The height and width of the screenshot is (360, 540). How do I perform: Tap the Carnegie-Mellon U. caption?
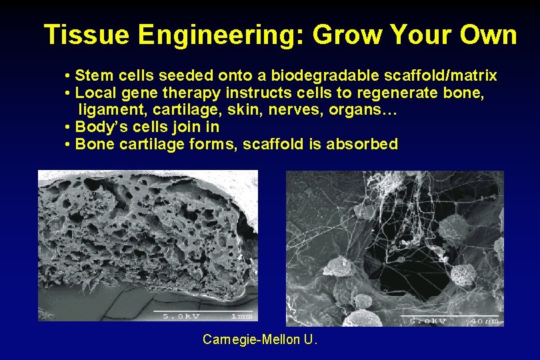click(260, 340)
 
